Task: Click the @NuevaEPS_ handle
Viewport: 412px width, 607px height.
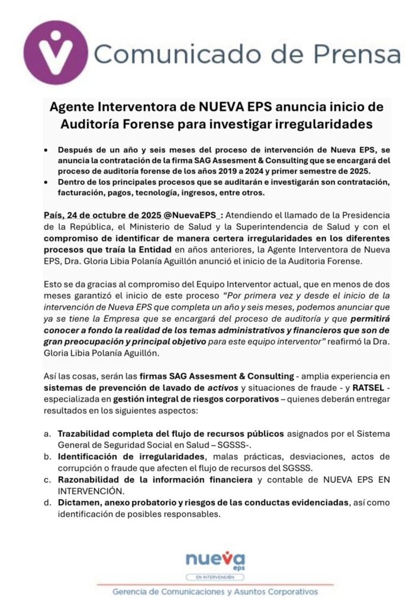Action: point(198,215)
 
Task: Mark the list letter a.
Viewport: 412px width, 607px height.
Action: point(47,434)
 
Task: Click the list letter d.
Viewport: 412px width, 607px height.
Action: point(47,503)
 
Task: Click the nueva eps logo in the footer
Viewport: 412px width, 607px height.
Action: point(207,560)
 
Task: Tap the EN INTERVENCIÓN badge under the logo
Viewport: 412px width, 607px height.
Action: point(207,576)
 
